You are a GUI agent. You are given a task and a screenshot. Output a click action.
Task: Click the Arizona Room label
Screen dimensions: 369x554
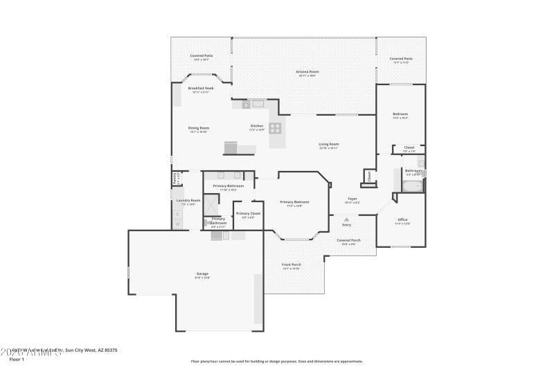(307, 71)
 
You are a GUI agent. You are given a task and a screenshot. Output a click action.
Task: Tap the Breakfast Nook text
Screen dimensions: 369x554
(201, 89)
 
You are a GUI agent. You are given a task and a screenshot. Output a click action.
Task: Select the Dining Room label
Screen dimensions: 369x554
(199, 128)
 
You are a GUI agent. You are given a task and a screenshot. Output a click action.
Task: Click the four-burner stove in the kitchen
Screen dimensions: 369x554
(275, 127)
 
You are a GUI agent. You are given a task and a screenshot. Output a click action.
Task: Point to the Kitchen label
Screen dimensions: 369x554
(257, 126)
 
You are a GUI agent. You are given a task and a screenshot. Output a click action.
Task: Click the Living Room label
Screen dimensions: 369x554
(329, 144)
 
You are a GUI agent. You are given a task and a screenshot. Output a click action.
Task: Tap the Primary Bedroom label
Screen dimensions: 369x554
(294, 202)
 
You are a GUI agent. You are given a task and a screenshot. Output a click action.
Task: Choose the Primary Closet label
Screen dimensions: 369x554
(248, 214)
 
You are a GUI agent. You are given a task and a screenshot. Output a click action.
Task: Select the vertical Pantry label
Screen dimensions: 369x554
(174, 178)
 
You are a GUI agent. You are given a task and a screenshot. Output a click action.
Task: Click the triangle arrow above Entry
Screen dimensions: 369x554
(346, 219)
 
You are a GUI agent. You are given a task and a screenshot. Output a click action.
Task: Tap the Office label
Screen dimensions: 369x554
(402, 219)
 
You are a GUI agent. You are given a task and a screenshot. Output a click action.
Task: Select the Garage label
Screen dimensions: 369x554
(202, 274)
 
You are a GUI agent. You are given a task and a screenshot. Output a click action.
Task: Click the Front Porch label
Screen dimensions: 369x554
(291, 264)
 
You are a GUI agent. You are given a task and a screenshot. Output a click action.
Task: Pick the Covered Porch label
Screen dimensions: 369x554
(348, 240)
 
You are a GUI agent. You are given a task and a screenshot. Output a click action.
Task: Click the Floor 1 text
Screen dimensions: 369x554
(17, 359)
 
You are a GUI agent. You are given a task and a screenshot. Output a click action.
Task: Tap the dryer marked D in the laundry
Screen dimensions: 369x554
(177, 224)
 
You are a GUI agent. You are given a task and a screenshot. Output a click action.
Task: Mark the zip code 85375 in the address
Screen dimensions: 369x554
(109, 351)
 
